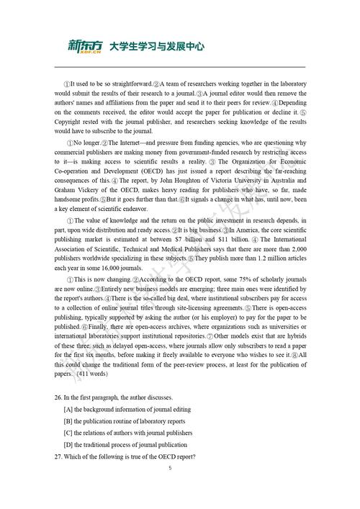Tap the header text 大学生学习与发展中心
[x=156, y=47]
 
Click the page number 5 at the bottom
[x=170, y=468]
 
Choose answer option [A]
[x=68, y=409]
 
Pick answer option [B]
[x=68, y=421]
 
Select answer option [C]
[x=68, y=433]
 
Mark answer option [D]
[x=68, y=445]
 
